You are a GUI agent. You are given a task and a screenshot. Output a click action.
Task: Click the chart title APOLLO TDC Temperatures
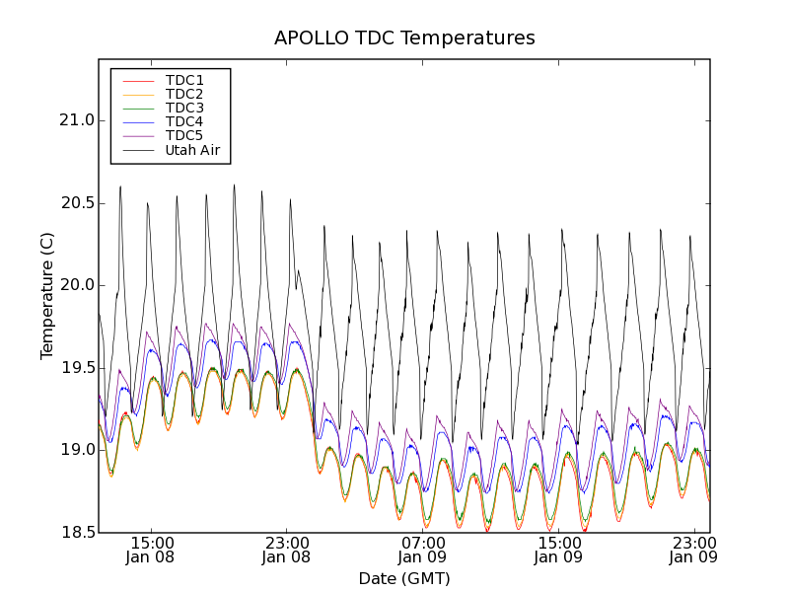coord(404,38)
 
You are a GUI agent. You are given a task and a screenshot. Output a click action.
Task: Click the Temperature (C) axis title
coord(47,296)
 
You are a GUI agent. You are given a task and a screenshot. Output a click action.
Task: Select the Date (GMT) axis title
coord(404,578)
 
